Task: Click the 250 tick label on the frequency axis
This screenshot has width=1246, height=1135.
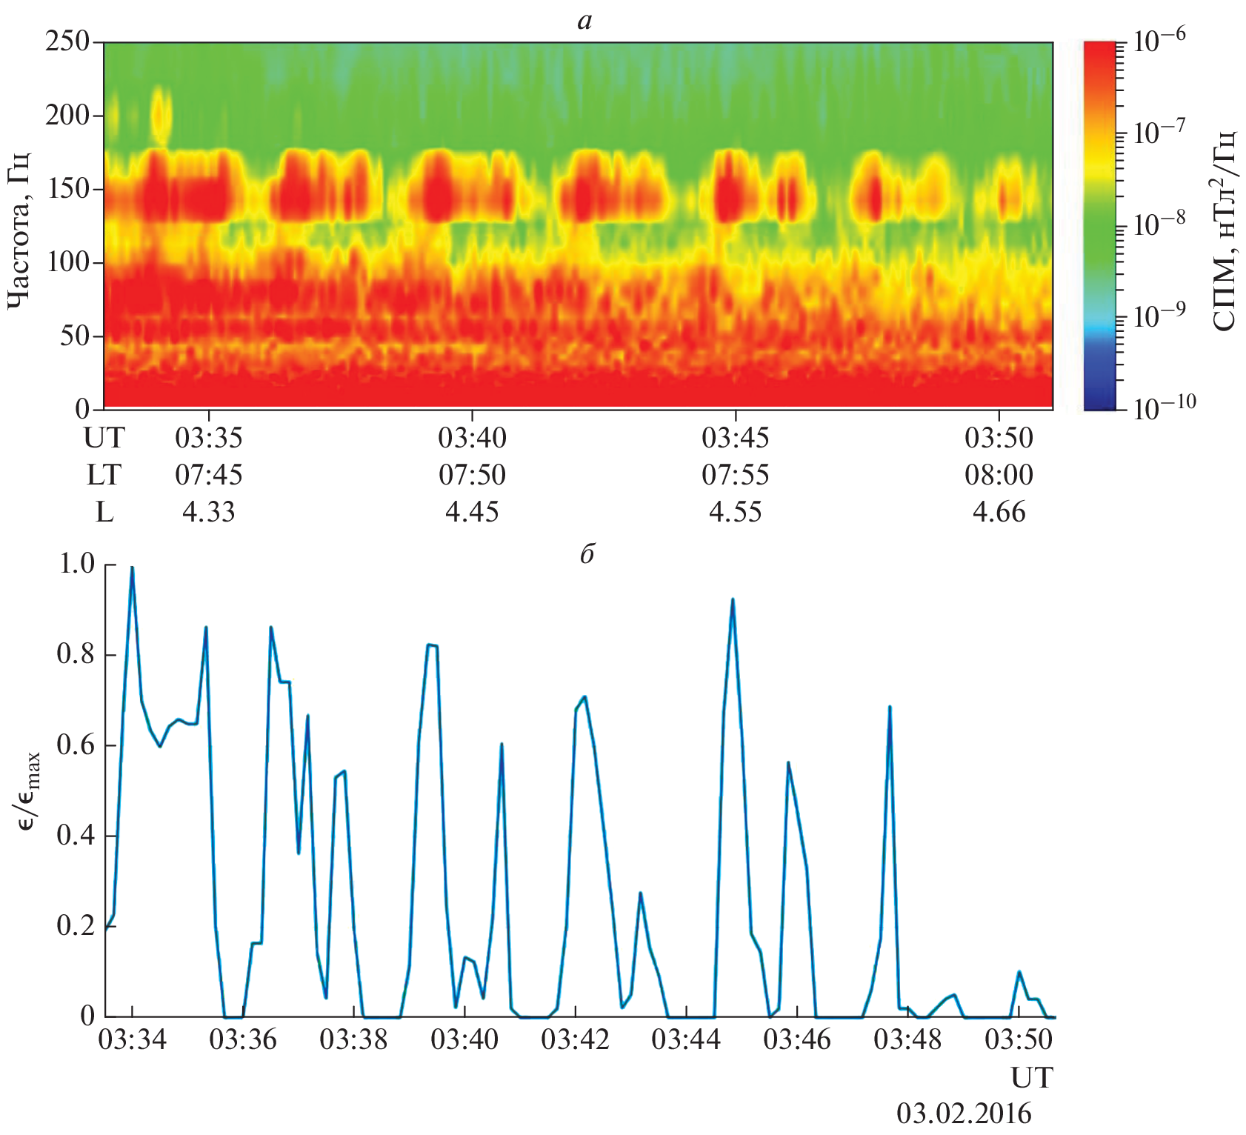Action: pyautogui.click(x=67, y=42)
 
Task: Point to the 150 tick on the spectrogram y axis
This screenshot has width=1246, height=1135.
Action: pyautogui.click(x=67, y=189)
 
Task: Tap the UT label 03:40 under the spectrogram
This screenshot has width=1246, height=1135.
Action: pyautogui.click(x=472, y=438)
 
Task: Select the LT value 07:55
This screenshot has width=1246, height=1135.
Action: pyautogui.click(x=735, y=475)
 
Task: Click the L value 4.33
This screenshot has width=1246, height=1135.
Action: pyautogui.click(x=208, y=512)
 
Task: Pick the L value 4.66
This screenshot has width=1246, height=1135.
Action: pyautogui.click(x=999, y=512)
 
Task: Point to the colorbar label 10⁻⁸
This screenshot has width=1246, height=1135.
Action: pyautogui.click(x=1159, y=222)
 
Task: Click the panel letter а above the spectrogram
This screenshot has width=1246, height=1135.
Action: pyautogui.click(x=584, y=21)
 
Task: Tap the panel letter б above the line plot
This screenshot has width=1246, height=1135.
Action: pyautogui.click(x=587, y=553)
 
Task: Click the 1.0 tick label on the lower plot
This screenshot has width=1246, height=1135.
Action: pyautogui.click(x=76, y=565)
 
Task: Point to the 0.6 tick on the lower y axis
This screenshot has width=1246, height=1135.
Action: pyautogui.click(x=76, y=745)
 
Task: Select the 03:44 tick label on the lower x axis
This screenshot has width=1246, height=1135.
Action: pyautogui.click(x=685, y=1039)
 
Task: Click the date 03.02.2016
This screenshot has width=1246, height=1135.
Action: pyautogui.click(x=964, y=1114)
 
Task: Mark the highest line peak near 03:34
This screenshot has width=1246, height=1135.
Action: pyautogui.click(x=132, y=568)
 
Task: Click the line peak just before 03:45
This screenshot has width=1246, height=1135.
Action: pyautogui.click(x=732, y=599)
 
